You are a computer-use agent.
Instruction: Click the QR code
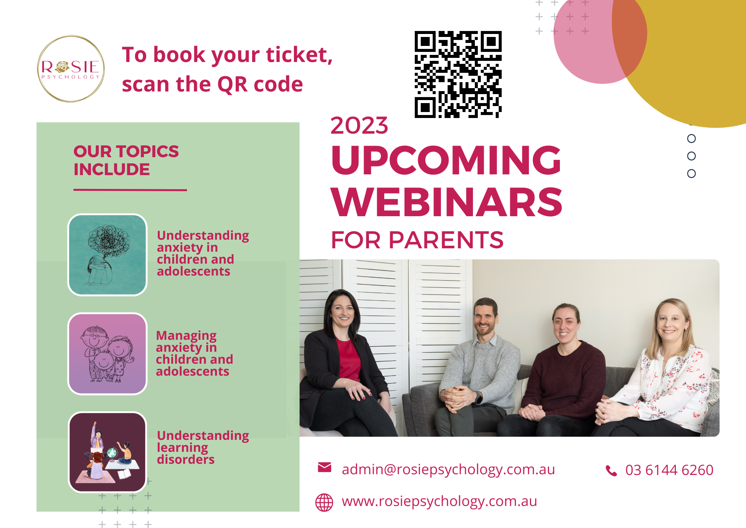(x=458, y=74)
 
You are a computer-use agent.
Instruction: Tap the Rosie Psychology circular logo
(x=71, y=69)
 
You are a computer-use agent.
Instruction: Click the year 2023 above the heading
(x=359, y=125)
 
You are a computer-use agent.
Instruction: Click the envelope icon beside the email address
(x=325, y=467)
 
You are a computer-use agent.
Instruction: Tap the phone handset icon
(x=611, y=470)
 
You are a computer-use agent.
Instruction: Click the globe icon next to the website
(x=324, y=502)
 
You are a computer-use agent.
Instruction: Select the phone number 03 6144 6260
(x=669, y=470)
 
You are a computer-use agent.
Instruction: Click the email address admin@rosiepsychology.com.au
(x=448, y=469)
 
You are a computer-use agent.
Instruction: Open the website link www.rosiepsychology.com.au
(x=439, y=501)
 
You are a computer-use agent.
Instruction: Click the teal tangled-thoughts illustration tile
(x=107, y=255)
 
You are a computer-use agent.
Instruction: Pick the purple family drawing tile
(x=107, y=354)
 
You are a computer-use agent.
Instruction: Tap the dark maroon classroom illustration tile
(x=107, y=452)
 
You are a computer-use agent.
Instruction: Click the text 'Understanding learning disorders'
(x=203, y=447)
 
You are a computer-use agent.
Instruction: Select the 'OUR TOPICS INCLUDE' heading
(x=126, y=161)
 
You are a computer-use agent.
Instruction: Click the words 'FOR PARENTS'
(x=417, y=240)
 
